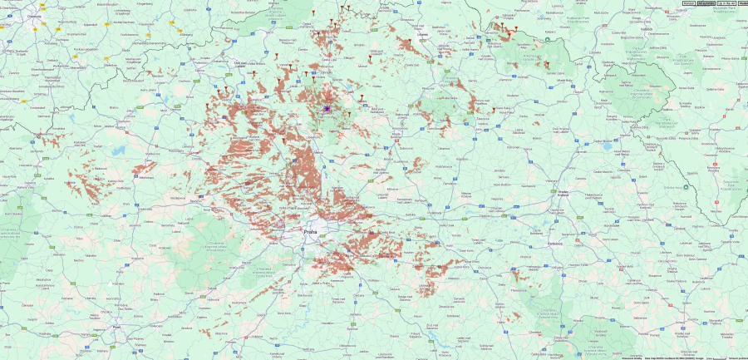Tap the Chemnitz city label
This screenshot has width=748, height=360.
click(x=34, y=16)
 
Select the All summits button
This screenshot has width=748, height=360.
click(x=706, y=3)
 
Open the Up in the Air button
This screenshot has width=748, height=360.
click(x=726, y=3)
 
